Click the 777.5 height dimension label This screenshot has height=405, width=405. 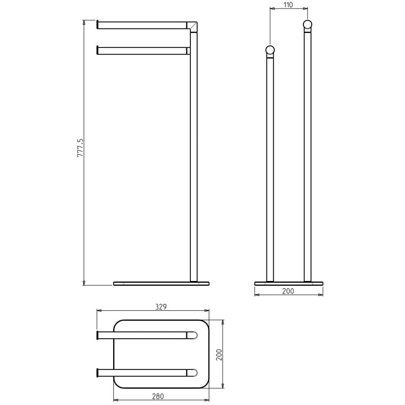click(x=80, y=148)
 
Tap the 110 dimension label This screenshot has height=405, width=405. click(x=288, y=5)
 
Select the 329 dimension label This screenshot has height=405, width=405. click(x=161, y=307)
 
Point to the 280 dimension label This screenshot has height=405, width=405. click(x=158, y=396)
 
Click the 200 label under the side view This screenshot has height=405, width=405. click(x=288, y=291)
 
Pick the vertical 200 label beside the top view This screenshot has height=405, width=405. click(x=219, y=355)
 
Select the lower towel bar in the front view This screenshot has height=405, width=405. click(x=143, y=51)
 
